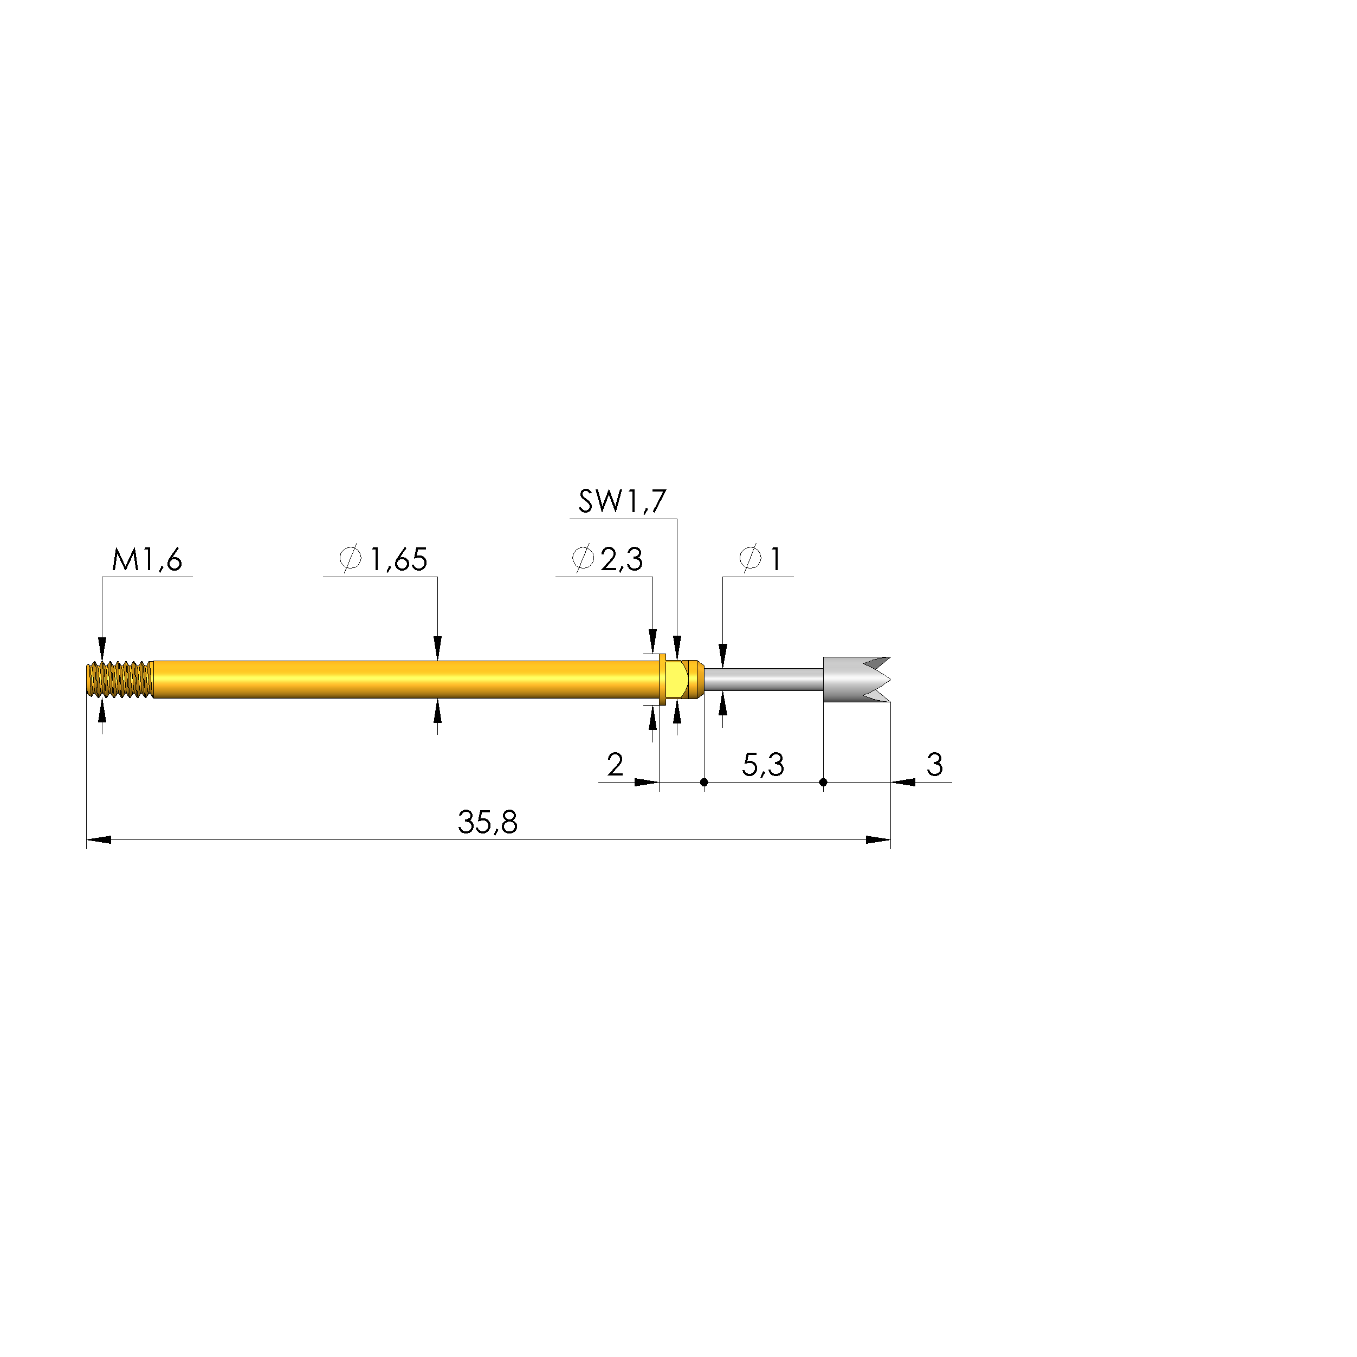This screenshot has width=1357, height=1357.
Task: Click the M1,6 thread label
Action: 147,560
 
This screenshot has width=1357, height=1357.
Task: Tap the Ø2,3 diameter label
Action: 608,559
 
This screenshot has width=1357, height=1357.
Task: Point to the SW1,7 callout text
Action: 622,501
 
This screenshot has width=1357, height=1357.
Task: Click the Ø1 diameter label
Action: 761,559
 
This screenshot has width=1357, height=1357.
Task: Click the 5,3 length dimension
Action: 763,765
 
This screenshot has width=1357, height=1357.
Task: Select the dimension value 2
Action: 615,765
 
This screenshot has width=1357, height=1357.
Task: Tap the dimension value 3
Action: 934,765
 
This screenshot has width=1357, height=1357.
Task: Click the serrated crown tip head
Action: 854,679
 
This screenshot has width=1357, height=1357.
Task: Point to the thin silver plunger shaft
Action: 764,679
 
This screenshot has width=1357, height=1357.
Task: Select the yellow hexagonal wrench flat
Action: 676,679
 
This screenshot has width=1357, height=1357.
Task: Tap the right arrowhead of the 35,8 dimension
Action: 878,840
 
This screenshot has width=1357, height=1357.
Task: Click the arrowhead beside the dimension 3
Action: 904,782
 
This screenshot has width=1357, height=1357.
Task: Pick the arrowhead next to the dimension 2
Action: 646,782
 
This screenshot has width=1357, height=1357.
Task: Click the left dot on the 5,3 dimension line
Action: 705,782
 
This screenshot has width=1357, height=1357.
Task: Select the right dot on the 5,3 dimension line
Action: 823,782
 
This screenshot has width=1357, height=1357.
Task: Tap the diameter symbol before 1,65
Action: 350,559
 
